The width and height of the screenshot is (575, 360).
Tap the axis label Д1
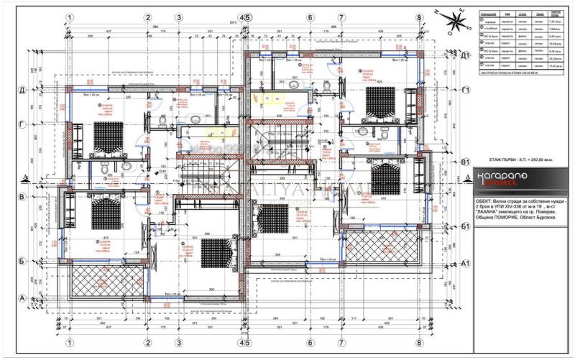pyautogui.click(x=466, y=55)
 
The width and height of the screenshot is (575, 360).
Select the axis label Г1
pyautogui.click(x=466, y=89)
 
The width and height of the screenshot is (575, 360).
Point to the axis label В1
pyautogui.click(x=466, y=162)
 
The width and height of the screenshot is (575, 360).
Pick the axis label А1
pyautogui.click(x=466, y=262)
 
